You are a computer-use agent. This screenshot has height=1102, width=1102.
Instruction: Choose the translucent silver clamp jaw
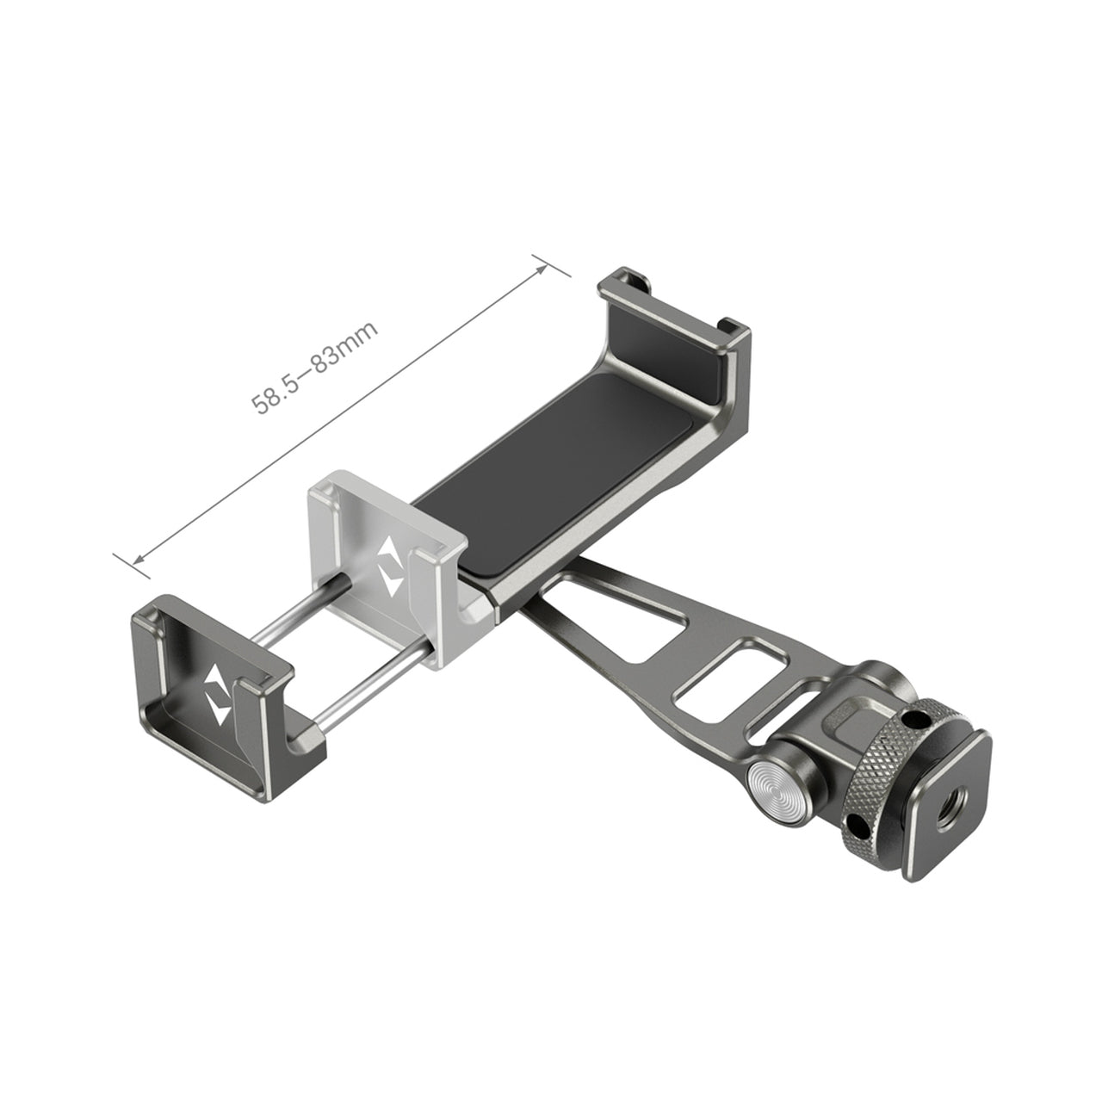(387, 560)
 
